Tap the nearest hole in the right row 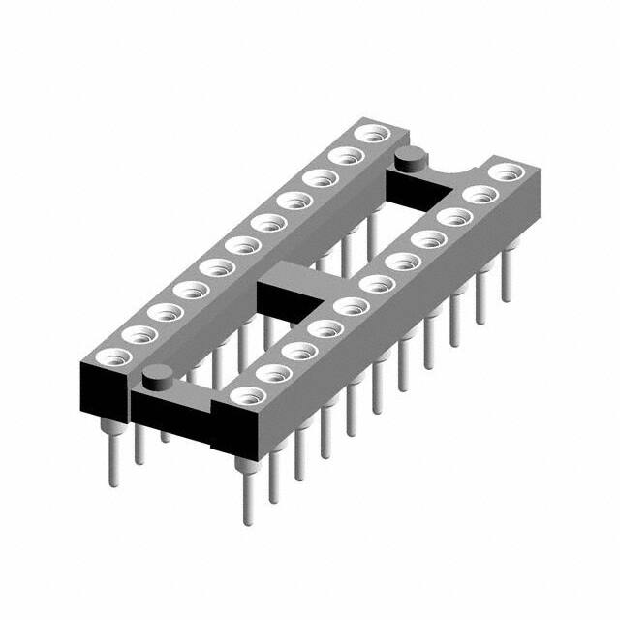point(248,393)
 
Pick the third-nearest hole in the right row point(299,349)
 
